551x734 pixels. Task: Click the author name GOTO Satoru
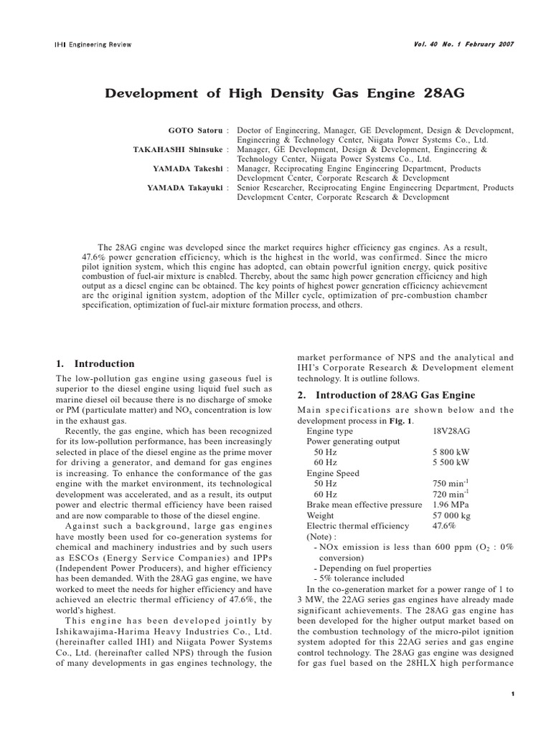coord(196,130)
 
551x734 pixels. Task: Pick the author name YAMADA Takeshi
coord(188,168)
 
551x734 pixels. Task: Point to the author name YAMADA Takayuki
coord(186,188)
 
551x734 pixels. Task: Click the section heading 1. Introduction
coord(95,363)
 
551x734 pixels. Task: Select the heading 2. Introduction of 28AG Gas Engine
coord(385,395)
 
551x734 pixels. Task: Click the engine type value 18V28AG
coord(452,432)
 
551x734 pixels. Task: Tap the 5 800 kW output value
coord(451,453)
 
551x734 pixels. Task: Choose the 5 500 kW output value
coord(451,463)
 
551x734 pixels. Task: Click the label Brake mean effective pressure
coord(364,505)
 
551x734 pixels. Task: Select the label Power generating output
coord(353,442)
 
